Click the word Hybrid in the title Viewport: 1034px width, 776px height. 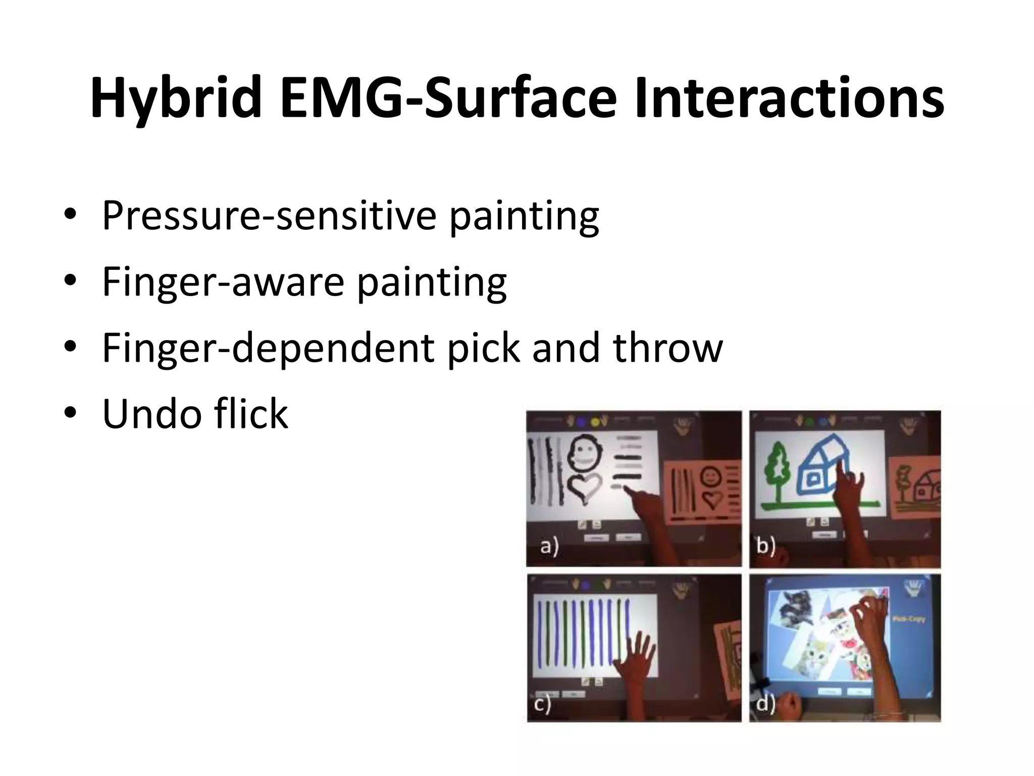click(176, 99)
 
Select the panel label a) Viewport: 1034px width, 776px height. click(550, 547)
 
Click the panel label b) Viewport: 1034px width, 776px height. click(765, 547)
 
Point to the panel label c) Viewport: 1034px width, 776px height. click(542, 703)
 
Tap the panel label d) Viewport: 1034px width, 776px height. click(765, 703)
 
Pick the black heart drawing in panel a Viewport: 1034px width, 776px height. click(586, 487)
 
